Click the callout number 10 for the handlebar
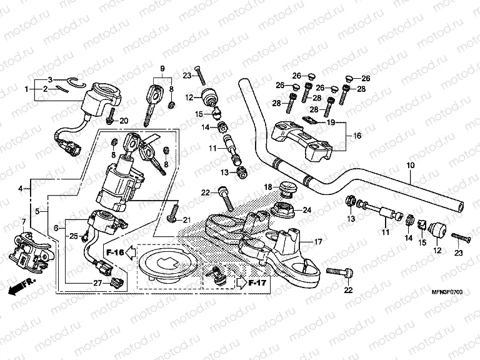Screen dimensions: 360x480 coord(411,166)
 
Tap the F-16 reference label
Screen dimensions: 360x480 coord(114,252)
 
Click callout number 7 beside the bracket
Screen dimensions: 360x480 coord(24,222)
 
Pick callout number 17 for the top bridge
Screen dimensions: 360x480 coord(317,241)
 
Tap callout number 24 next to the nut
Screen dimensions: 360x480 coord(307,210)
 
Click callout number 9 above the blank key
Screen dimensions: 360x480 coord(162,68)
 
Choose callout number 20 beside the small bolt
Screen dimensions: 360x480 coord(123,121)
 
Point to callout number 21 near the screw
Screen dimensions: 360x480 coord(186,219)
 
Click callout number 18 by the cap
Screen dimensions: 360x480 coord(267,187)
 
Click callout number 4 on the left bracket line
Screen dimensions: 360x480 coord(21,188)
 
